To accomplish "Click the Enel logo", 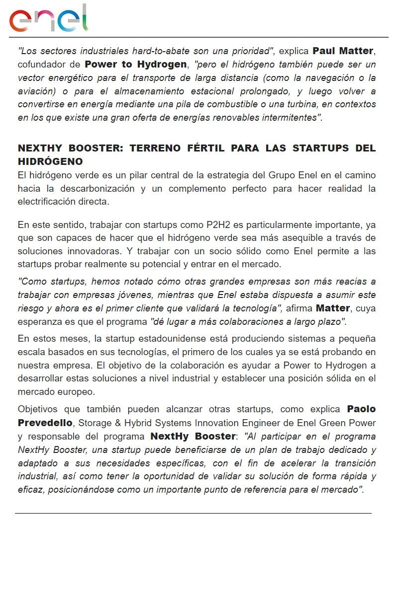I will [48, 19].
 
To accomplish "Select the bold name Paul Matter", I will [343, 51].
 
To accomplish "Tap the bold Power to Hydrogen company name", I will [136, 65].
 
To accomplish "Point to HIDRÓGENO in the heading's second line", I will [50, 162].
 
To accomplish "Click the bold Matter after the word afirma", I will [333, 308].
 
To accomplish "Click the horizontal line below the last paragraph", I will [193, 513].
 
